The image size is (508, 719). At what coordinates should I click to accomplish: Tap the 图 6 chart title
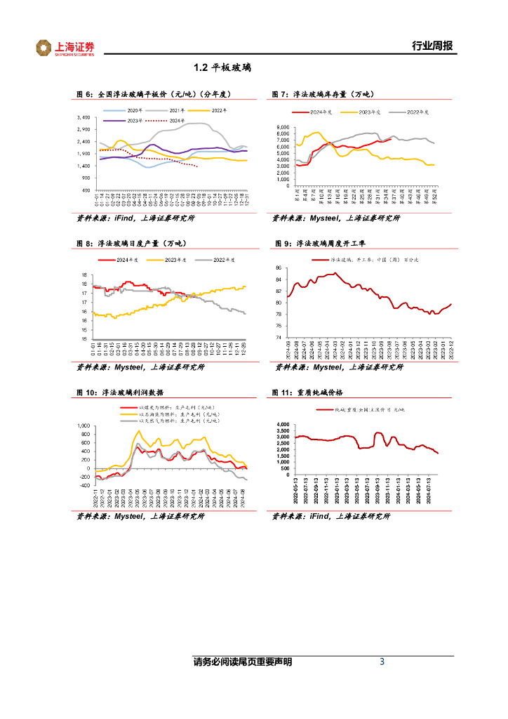154,94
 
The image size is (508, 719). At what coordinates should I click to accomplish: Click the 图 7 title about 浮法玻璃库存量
323,94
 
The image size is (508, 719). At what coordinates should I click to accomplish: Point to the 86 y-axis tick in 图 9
279,268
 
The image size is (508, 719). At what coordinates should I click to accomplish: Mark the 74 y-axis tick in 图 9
279,337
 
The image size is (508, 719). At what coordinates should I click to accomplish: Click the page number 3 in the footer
382,662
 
